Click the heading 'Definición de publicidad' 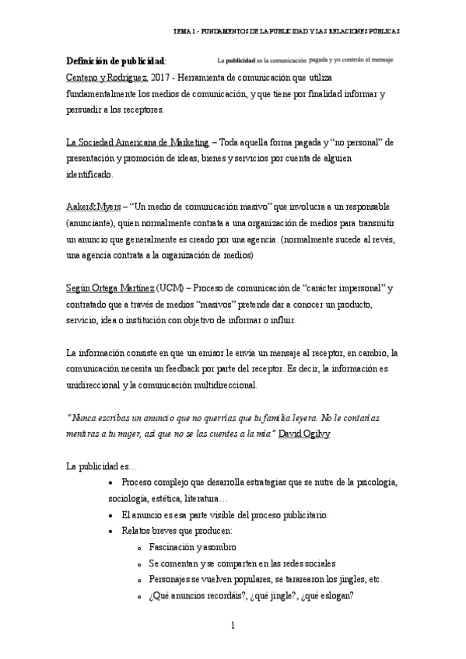coord(115,61)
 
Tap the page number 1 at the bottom coord(233,625)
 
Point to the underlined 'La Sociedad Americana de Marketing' coord(138,142)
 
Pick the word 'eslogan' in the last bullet coord(337,596)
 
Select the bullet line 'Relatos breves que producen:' coord(177,531)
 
